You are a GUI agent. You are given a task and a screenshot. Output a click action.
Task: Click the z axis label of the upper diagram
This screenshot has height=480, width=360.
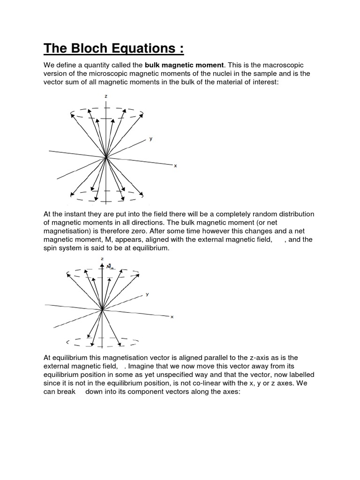point(107,96)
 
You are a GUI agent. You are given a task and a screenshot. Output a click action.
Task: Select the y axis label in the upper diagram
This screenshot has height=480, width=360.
point(150,139)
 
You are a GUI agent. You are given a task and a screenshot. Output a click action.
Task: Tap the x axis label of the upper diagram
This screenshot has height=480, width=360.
point(175,166)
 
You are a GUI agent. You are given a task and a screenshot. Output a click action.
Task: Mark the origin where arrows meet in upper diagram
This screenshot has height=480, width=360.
point(107,158)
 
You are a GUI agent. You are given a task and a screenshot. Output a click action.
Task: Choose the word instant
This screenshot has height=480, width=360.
point(75,214)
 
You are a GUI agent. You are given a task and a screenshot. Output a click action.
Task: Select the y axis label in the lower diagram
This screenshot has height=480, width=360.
point(147,294)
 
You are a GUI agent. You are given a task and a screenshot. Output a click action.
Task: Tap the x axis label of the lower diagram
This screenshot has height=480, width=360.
point(172,317)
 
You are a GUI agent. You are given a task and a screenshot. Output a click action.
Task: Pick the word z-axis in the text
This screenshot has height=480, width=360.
point(261,357)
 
